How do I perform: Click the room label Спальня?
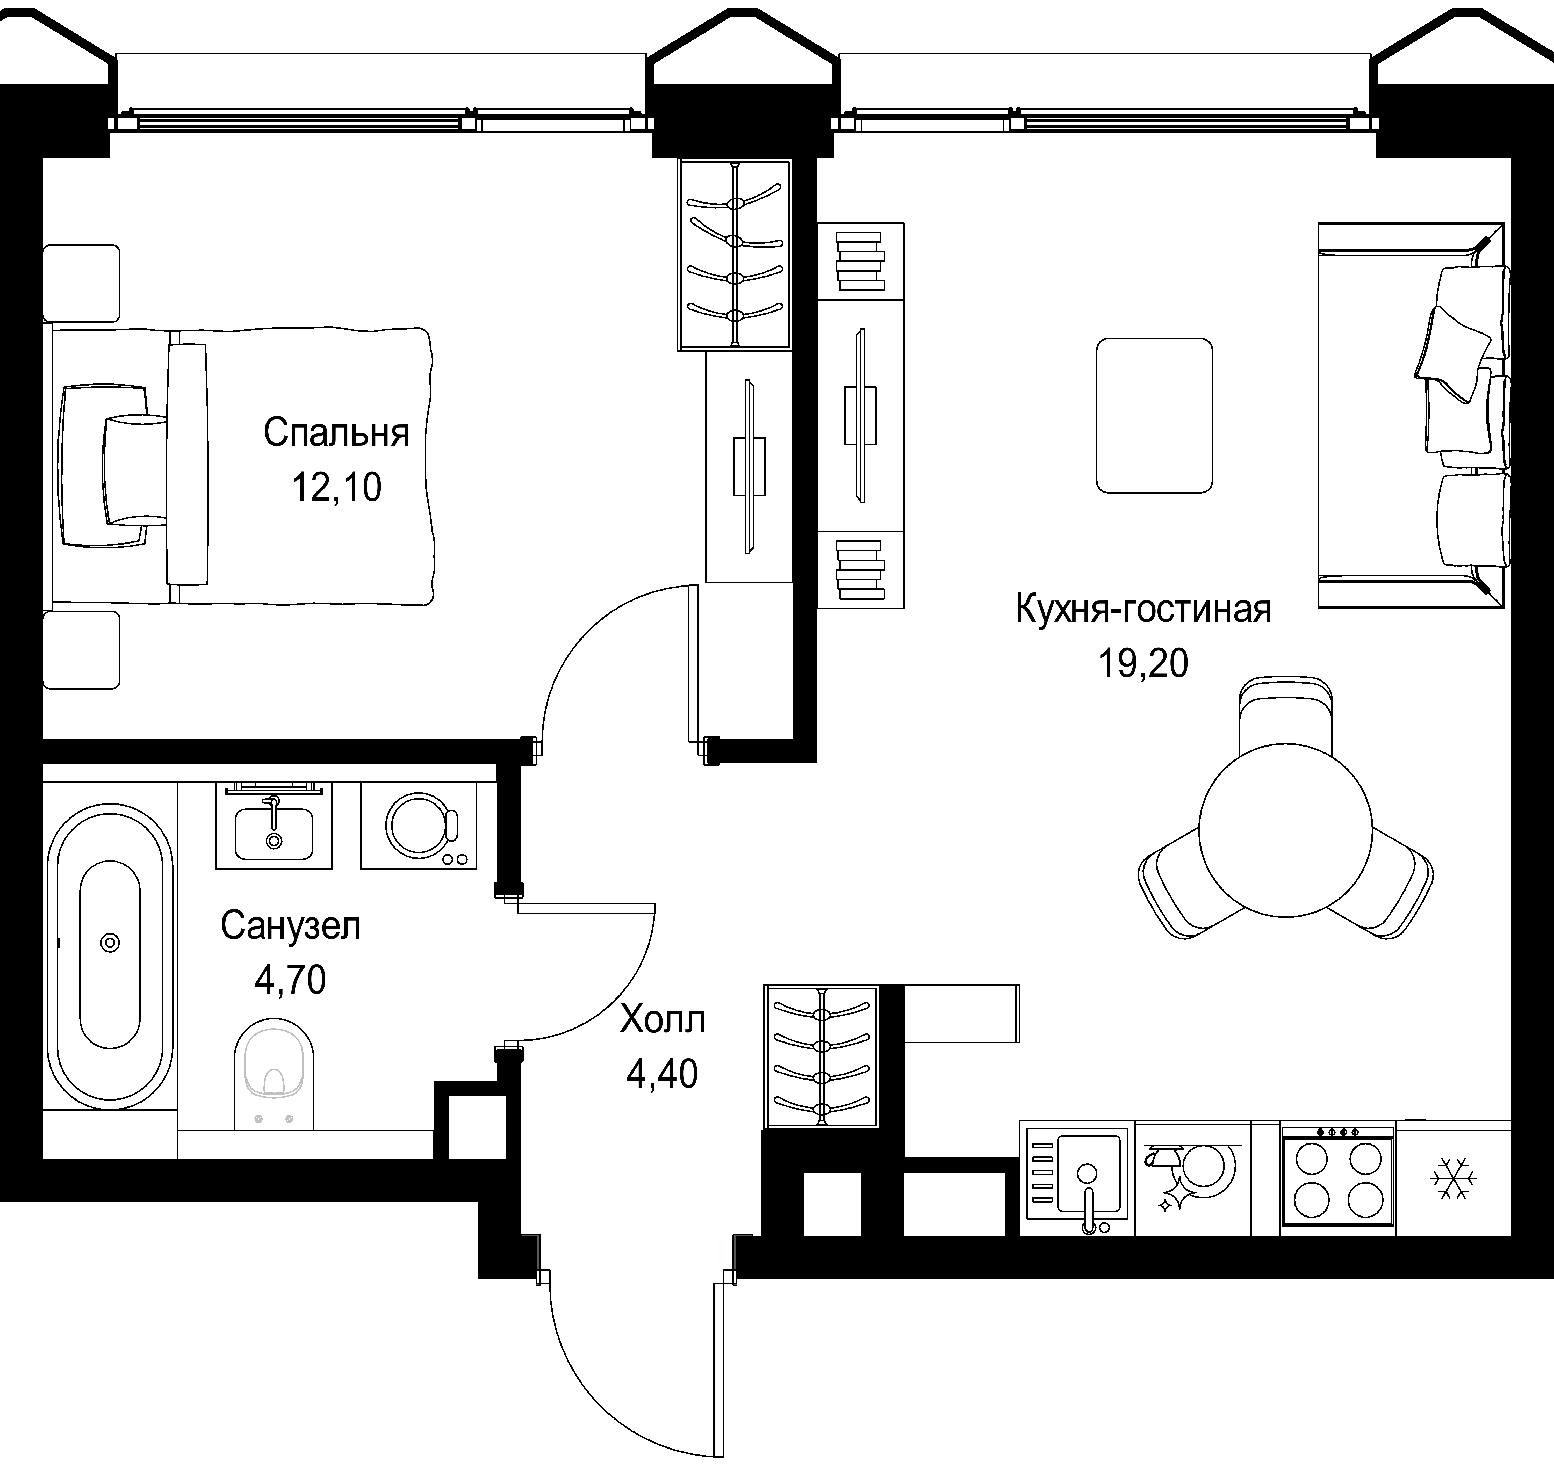pos(336,433)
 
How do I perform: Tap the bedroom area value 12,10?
pos(336,487)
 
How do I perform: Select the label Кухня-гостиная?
pos(1142,609)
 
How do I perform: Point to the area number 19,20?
pos(1142,663)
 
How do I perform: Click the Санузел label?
pos(290,925)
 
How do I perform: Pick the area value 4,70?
pos(290,980)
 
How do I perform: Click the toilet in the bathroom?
pos(275,1074)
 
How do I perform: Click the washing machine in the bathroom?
pos(419,826)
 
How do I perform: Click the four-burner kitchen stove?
pos(1337,1177)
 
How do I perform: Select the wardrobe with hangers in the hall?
pos(822,1056)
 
